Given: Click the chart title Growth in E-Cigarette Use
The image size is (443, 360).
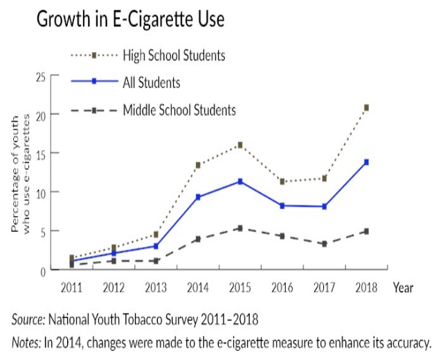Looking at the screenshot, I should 130,20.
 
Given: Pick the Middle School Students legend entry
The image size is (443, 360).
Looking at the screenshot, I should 179,109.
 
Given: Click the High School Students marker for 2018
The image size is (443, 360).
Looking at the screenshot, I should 366,107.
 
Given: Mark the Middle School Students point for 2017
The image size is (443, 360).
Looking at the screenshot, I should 324,244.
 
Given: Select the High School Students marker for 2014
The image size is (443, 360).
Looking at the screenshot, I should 198,165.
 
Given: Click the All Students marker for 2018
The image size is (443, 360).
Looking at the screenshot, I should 366,162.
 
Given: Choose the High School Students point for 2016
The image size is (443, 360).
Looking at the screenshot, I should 282,181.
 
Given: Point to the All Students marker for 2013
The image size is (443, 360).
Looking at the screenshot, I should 156,246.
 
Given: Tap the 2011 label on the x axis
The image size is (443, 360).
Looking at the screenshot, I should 71,285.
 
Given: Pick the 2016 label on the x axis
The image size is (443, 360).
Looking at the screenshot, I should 282,285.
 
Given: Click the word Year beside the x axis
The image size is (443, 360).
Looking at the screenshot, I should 405,285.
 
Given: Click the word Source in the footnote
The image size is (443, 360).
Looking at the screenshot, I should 27,319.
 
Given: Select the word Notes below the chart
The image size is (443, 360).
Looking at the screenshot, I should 26,342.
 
